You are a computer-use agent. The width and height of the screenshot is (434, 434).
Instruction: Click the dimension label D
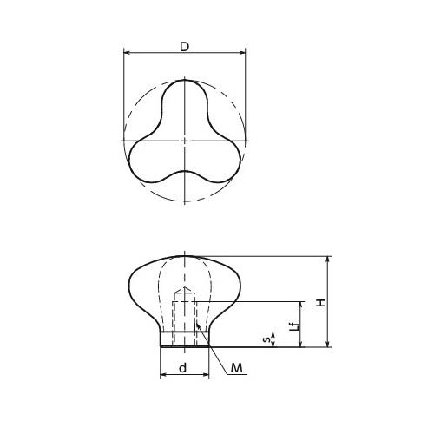tap(184, 47)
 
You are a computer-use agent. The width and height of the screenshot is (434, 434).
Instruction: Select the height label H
tap(320, 303)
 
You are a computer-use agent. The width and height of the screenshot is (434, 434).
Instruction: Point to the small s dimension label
tap(268, 339)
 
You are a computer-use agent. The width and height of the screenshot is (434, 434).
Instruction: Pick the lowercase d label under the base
tap(182, 367)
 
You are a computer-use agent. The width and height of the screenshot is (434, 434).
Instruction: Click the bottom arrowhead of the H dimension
tap(329, 343)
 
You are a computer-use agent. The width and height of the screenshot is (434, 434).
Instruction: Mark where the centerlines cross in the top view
tap(185, 141)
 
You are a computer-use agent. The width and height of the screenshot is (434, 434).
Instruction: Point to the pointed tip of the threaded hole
tap(185, 290)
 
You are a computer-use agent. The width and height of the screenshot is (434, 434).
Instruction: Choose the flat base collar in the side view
tap(185, 339)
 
